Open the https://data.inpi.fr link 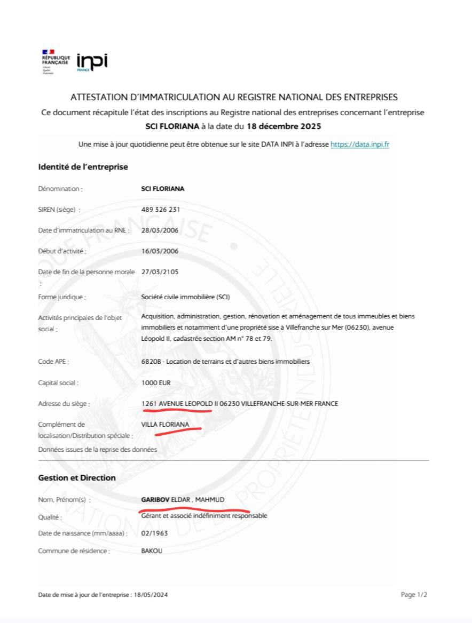click(359, 144)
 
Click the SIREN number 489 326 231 click(160, 210)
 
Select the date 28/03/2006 click(160, 230)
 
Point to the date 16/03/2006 click(160, 251)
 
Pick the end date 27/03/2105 click(160, 272)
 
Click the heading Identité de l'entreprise click(83, 167)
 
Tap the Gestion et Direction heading click(77, 478)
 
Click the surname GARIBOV click(155, 499)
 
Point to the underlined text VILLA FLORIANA click(165, 424)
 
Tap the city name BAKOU click(152, 550)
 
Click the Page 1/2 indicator click(414, 594)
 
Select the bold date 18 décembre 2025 click(284, 126)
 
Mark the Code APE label click(53, 362)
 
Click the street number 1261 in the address click(148, 404)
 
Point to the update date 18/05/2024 click(151, 594)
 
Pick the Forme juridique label click(62, 297)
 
